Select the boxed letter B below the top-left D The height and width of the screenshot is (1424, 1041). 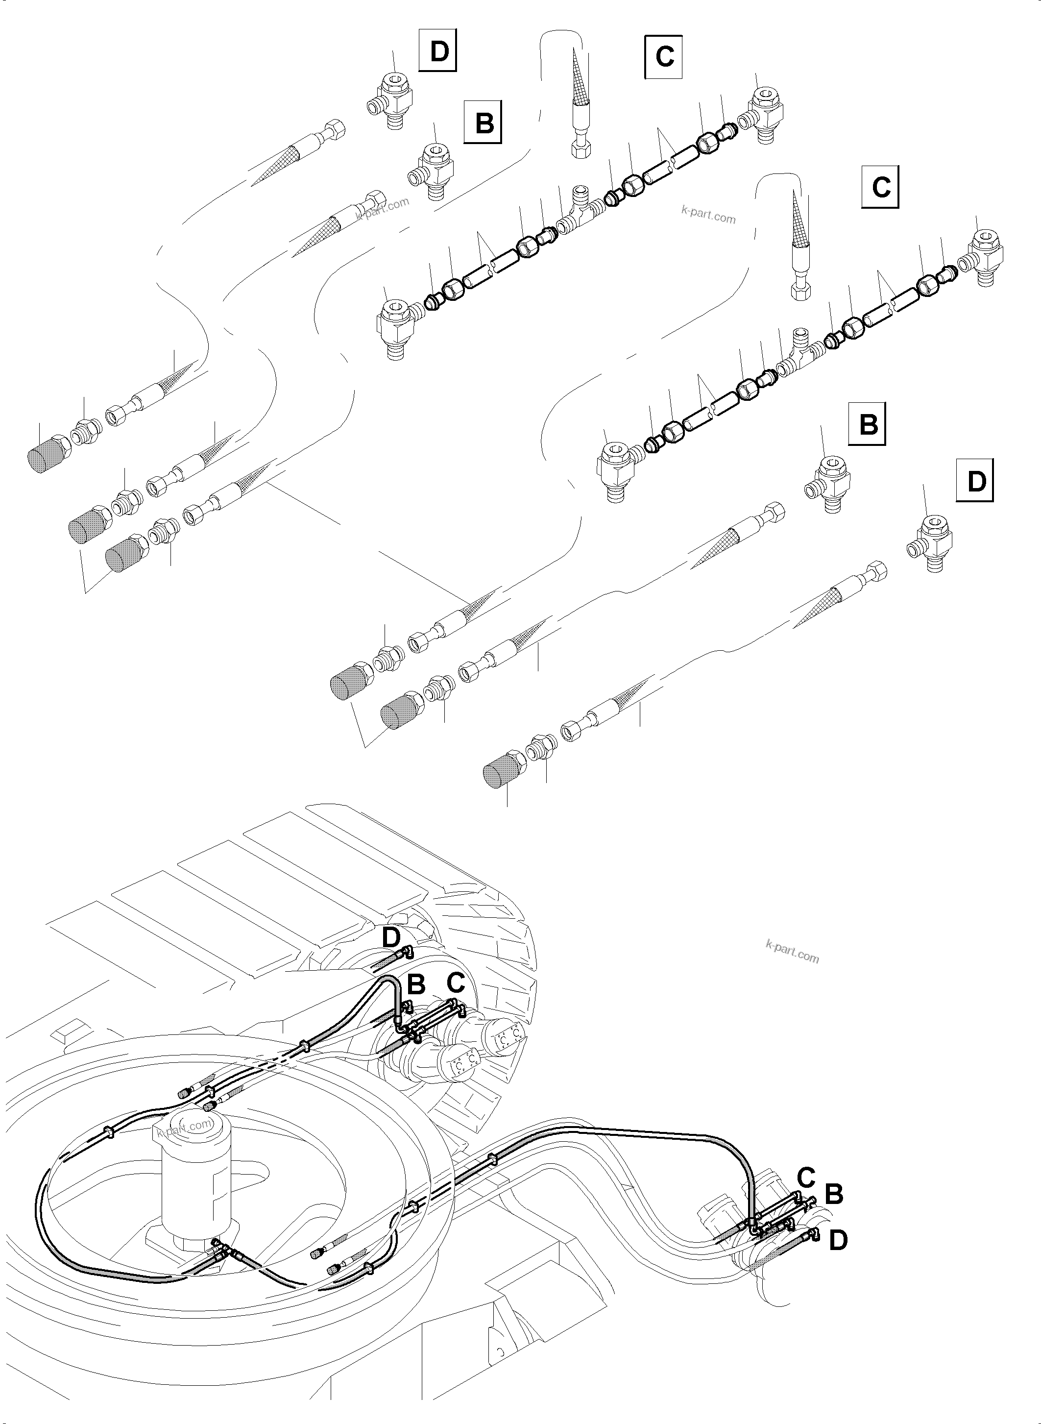484,121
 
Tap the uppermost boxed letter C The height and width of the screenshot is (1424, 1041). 664,57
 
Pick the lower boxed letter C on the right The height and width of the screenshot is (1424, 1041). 880,187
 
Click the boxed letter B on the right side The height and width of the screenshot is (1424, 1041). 867,424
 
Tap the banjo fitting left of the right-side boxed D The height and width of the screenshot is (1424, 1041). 931,541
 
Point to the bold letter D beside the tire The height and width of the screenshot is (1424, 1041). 391,956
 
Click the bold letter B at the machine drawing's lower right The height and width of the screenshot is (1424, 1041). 833,1193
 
